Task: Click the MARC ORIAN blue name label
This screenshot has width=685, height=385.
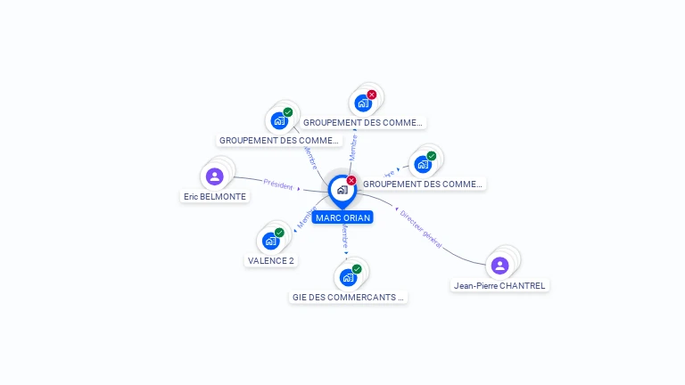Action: tap(342, 217)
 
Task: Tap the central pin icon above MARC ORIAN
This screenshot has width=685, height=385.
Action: tap(342, 190)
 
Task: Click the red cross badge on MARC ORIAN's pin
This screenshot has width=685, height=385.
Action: tap(351, 180)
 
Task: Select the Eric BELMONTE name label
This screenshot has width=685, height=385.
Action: tap(215, 196)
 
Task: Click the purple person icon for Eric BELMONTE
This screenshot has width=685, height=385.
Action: tap(214, 176)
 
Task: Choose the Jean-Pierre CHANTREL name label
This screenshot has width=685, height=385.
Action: tap(499, 285)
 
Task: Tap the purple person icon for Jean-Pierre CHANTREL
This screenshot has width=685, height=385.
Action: tap(499, 265)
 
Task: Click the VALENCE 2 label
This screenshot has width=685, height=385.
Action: tap(270, 260)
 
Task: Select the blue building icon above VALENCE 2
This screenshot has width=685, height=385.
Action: tap(270, 241)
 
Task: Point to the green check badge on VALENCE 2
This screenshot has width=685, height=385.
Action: tap(279, 233)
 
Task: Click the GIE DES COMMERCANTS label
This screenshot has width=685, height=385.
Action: tap(349, 297)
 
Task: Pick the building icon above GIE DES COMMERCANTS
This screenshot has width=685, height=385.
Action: tap(348, 276)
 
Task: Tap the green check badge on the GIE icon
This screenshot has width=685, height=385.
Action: tap(357, 268)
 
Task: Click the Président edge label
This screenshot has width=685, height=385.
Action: tap(278, 184)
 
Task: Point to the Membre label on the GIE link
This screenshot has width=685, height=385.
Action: tap(345, 236)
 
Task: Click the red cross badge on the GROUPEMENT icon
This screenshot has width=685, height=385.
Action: tap(372, 94)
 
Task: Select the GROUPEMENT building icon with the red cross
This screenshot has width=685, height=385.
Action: tap(362, 102)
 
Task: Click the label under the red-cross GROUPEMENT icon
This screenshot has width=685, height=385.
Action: tap(363, 122)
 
